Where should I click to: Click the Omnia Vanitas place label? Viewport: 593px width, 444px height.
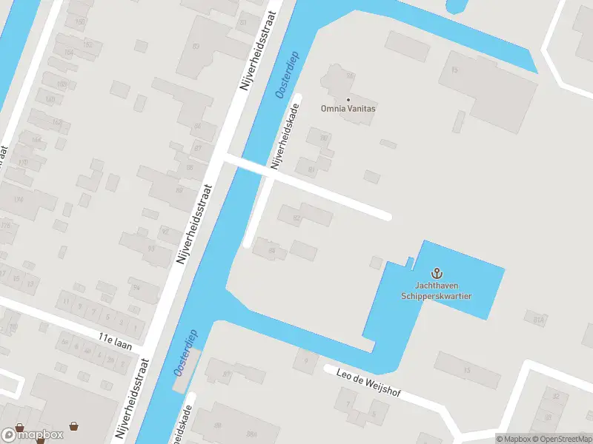point(348,109)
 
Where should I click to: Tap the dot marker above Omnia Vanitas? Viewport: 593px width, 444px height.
point(348,99)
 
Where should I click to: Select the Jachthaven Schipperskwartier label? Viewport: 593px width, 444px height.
point(437,291)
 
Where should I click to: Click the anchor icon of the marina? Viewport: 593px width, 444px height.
point(437,274)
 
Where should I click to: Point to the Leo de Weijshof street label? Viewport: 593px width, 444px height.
point(368,383)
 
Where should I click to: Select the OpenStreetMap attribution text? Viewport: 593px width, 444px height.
point(561,439)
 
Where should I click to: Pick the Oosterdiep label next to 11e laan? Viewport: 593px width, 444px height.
point(185,351)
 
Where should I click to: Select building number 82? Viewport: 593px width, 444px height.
point(296,218)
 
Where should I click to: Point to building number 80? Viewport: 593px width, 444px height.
point(323,138)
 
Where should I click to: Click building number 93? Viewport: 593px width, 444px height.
point(151,248)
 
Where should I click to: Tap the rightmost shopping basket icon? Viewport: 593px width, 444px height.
point(73,426)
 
